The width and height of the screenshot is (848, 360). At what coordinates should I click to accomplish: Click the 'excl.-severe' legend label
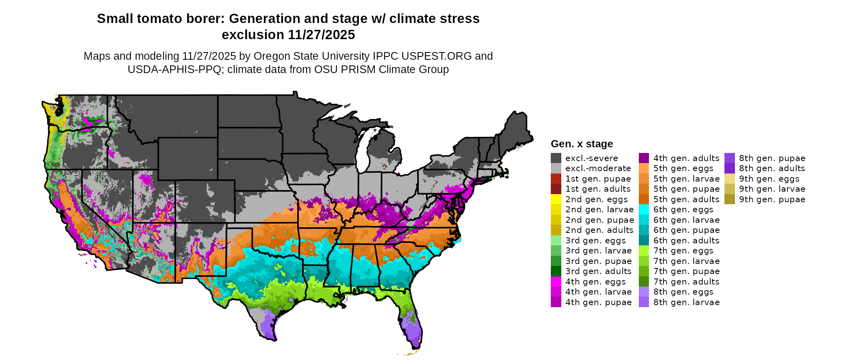pos(592,158)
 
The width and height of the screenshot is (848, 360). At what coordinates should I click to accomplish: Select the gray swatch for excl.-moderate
pos(556,168)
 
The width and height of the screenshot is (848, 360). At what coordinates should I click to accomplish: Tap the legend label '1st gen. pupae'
pos(598,179)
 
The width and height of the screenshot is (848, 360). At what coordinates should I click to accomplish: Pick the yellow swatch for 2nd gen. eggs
pos(556,199)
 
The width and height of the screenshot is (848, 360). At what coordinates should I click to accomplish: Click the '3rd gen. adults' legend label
pos(598,271)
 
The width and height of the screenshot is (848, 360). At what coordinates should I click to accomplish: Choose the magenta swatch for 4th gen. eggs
pos(556,282)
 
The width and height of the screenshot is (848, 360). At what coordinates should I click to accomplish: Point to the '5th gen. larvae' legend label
pos(686,179)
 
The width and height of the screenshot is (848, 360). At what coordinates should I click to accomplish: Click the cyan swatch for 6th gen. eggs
pos(644,209)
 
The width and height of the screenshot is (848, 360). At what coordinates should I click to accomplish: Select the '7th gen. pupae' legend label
pos(686,271)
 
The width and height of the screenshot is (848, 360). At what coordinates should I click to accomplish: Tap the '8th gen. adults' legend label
pos(772,168)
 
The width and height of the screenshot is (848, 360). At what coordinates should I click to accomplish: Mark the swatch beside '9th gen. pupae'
pos(729,199)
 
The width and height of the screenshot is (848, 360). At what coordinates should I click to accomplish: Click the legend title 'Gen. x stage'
pos(581,144)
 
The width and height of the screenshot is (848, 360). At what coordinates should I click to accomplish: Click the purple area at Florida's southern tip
pos(413,333)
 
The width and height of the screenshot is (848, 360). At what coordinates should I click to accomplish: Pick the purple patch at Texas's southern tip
pos(267,327)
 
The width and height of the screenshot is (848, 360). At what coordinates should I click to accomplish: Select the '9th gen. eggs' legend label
pos(769,179)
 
